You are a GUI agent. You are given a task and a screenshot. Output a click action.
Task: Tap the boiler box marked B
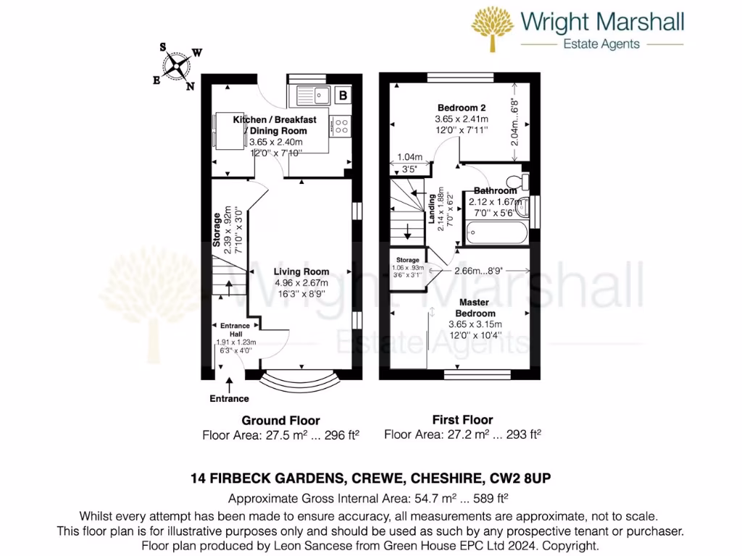tap(343, 95)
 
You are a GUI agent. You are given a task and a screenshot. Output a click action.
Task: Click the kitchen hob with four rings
tap(340, 126)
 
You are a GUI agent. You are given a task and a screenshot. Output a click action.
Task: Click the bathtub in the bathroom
tap(497, 232)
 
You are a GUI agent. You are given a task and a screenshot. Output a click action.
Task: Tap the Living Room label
tap(301, 272)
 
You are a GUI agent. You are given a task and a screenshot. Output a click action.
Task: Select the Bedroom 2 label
tap(462, 108)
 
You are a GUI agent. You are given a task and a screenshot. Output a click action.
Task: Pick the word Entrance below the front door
tap(229, 399)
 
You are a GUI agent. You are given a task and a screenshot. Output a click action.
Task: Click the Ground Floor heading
tap(280, 421)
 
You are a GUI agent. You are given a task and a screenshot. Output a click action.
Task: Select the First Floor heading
tap(462, 420)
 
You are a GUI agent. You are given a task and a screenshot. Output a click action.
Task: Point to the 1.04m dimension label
tap(410, 157)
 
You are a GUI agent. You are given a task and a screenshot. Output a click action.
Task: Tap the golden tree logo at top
tap(493, 29)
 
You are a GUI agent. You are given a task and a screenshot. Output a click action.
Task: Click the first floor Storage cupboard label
tap(408, 259)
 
